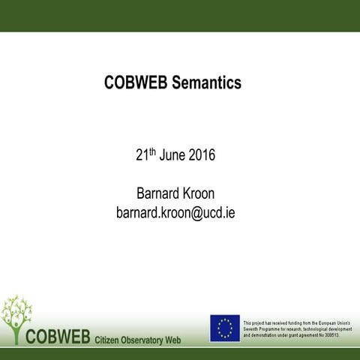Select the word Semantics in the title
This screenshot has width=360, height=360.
(x=207, y=83)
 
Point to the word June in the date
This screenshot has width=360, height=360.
(x=172, y=157)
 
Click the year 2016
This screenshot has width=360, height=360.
(x=202, y=157)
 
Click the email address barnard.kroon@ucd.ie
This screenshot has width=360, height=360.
(x=175, y=212)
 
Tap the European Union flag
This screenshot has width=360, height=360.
(x=224, y=328)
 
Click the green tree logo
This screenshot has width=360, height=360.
(x=16, y=316)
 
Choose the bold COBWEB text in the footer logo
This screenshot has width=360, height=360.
(x=58, y=334)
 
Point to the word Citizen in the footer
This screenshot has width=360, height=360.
(x=110, y=340)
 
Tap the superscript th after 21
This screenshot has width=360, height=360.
(x=151, y=152)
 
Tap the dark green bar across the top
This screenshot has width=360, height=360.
(x=180, y=16)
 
